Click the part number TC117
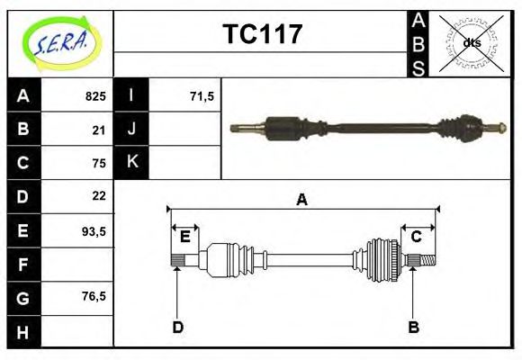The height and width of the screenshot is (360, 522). [x=262, y=35]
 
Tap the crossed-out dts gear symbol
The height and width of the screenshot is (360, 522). [x=472, y=43]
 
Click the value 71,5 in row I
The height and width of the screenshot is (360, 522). [x=202, y=96]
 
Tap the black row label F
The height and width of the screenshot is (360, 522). [x=23, y=264]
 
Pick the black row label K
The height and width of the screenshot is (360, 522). [x=132, y=163]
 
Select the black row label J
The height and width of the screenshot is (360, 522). [x=132, y=130]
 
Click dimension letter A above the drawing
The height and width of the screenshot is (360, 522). [x=302, y=200]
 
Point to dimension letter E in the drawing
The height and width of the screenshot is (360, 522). [x=184, y=237]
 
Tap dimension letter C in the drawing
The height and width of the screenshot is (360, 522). [x=416, y=237]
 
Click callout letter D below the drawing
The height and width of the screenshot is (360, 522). [x=177, y=328]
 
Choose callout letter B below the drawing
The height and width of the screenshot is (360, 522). [x=413, y=328]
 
